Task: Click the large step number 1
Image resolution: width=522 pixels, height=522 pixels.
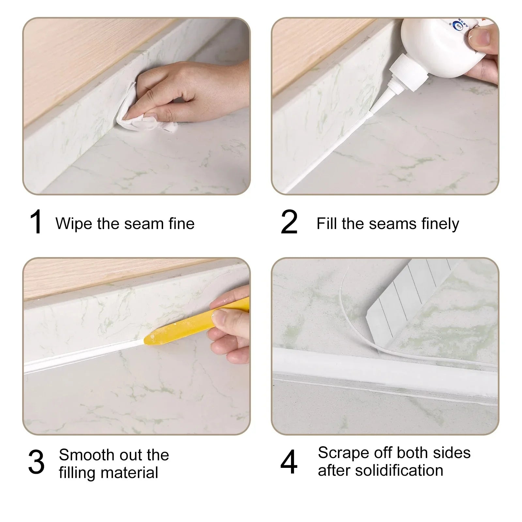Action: pos(36,222)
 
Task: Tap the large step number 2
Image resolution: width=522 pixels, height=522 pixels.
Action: pos(289,222)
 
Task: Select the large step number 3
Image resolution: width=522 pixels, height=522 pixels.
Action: pos(36,462)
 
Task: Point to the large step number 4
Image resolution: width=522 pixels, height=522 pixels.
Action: pos(289,462)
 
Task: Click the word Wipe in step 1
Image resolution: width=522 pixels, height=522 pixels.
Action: pos(73,224)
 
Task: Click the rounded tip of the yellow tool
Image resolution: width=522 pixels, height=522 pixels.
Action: pos(149,339)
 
